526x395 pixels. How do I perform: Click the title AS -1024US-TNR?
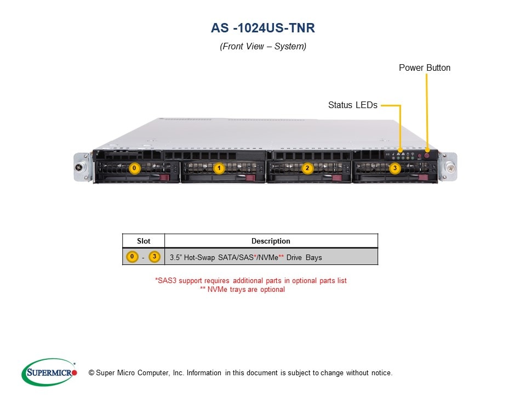(x=263, y=28)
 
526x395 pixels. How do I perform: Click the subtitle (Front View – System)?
(x=263, y=47)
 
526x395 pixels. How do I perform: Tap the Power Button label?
(x=424, y=68)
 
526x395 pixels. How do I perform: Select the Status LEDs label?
(x=352, y=105)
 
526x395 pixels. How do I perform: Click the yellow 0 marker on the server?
(x=135, y=168)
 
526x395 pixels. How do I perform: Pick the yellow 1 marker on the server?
(x=219, y=168)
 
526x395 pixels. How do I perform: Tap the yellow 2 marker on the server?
(x=307, y=168)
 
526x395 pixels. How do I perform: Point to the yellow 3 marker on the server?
(x=395, y=168)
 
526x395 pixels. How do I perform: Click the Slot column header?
(x=143, y=241)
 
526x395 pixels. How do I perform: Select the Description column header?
(x=271, y=241)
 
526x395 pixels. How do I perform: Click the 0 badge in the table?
(x=131, y=257)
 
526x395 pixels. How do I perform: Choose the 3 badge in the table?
(x=155, y=257)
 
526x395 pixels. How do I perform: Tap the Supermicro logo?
(x=49, y=373)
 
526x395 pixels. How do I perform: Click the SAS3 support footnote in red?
(x=251, y=280)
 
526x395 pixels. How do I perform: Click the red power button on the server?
(x=427, y=156)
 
